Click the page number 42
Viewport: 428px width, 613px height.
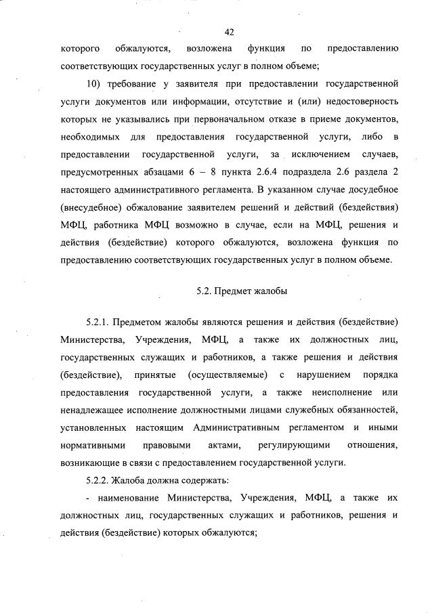(x=229, y=32)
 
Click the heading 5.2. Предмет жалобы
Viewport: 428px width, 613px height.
(x=241, y=292)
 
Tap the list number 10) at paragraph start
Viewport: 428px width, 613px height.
(x=94, y=84)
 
